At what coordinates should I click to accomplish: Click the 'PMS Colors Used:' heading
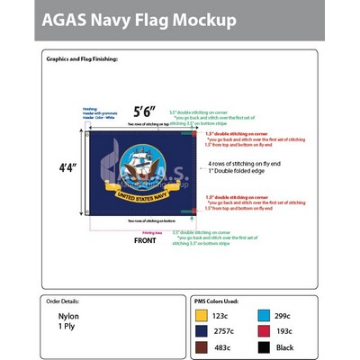216,301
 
